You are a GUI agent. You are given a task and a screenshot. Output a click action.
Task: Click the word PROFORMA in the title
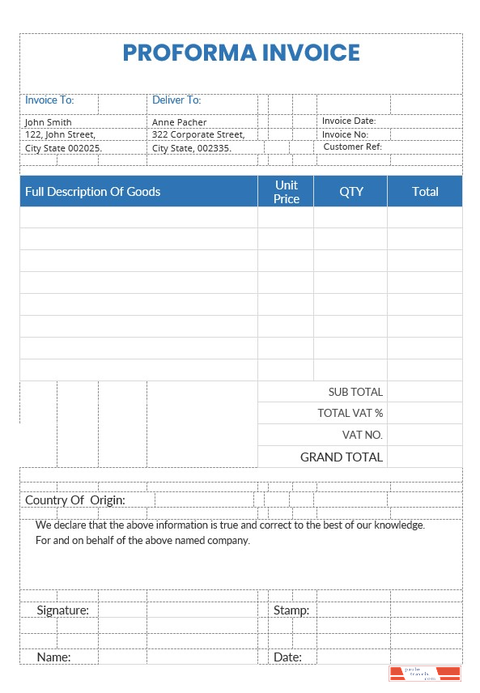point(189,53)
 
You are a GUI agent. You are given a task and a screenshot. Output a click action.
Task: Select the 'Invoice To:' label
point(49,100)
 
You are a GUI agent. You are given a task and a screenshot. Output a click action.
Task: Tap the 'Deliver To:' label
point(176,100)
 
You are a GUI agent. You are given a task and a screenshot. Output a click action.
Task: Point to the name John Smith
point(49,122)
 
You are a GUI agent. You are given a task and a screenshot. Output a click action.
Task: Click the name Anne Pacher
point(180,122)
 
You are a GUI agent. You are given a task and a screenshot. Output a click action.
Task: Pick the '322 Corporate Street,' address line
point(198,134)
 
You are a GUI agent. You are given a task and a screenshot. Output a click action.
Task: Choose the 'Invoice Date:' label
point(349,121)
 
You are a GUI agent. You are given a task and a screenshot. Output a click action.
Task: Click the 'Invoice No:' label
point(345,134)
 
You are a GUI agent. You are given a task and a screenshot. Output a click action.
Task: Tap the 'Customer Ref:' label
point(352,147)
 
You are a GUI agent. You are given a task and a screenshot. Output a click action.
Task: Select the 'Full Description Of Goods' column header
point(93,192)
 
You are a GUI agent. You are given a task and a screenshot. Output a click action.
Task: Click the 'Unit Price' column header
point(287,192)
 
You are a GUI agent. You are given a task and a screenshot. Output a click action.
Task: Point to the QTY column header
point(351,192)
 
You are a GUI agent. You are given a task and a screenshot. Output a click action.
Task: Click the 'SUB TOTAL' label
point(355,392)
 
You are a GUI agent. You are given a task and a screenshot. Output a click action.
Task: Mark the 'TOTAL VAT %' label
point(350,413)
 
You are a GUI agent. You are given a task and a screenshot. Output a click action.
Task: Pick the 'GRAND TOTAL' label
point(342,457)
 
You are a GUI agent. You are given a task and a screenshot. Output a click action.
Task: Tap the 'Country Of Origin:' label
point(75,500)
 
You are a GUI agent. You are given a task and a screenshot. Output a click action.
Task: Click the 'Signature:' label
point(63,610)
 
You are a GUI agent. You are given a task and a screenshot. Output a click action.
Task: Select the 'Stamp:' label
point(291,610)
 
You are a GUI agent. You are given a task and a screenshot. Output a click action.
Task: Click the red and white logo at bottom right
point(425,674)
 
